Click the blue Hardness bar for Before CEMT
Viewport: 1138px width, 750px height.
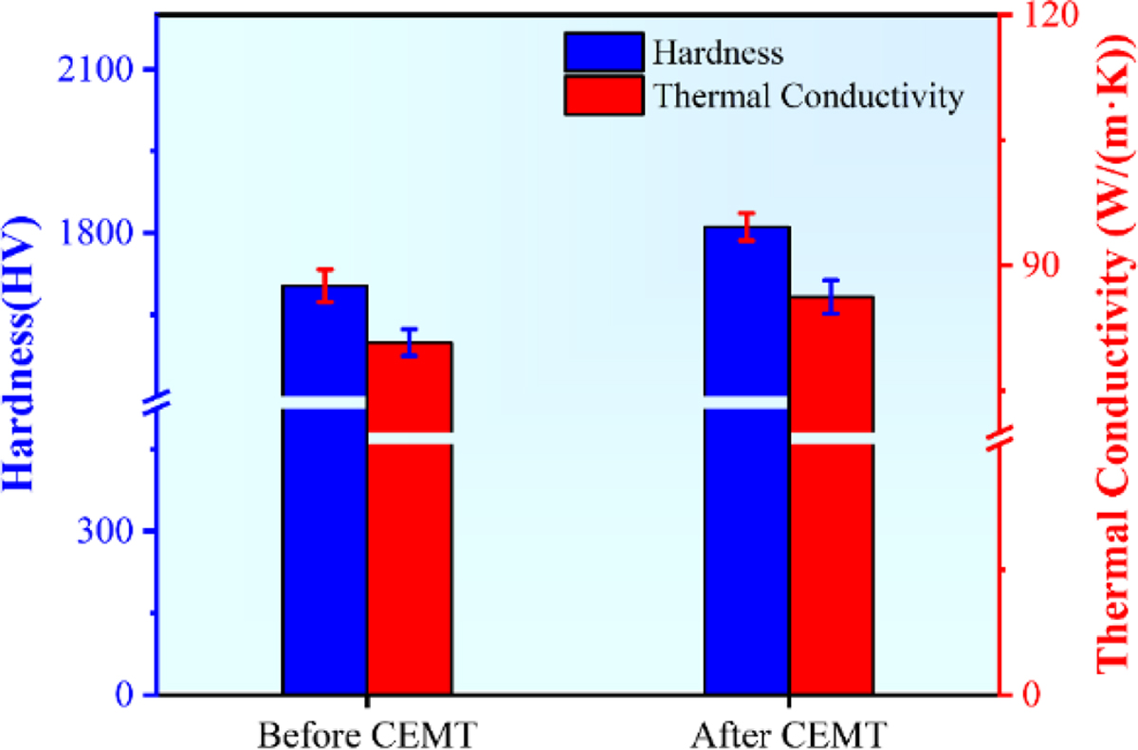click(x=324, y=550)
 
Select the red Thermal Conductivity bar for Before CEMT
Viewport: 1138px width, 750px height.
click(x=410, y=569)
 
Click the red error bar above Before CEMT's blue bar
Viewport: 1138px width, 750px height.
click(x=325, y=285)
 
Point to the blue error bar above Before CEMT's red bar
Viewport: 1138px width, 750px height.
click(x=410, y=342)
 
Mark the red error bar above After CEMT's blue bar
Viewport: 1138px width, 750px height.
click(x=747, y=227)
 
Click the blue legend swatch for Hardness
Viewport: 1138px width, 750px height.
click(x=603, y=52)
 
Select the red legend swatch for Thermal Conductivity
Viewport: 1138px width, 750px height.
click(x=603, y=96)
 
